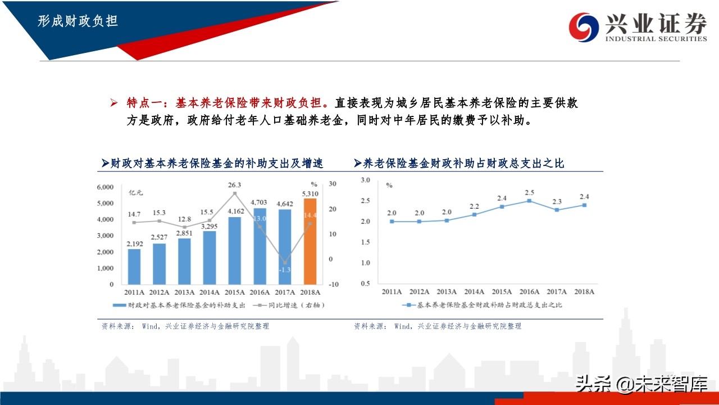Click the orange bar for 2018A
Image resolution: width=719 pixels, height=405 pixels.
[311, 242]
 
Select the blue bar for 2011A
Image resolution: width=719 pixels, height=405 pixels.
[134, 267]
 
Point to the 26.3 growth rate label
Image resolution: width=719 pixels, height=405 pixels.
[235, 184]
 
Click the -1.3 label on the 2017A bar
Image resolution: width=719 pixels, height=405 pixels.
[285, 270]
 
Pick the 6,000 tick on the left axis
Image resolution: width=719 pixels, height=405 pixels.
[106, 187]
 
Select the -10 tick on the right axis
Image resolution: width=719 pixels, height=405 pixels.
[334, 285]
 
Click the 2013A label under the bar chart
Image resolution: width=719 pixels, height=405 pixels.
[185, 292]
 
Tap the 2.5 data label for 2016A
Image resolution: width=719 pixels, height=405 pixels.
[529, 192]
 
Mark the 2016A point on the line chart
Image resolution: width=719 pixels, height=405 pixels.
[529, 201]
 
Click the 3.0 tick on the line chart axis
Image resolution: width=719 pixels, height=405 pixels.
[366, 180]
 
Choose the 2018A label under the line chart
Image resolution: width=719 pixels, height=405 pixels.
[584, 292]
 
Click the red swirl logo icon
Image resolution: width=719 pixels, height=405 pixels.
[584, 26]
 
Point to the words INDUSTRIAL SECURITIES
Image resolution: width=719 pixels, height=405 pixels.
[656, 39]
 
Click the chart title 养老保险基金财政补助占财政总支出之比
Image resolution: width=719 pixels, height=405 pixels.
[463, 164]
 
